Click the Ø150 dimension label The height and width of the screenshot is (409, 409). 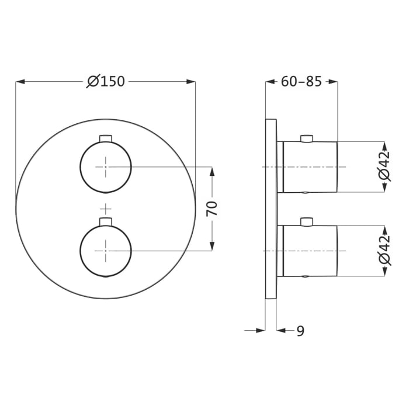tap(106, 81)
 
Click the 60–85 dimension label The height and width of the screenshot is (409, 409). tap(301, 81)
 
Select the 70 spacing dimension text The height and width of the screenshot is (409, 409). tap(213, 209)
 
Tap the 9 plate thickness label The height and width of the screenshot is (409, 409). tap(300, 331)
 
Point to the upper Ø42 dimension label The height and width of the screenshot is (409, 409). tap(384, 167)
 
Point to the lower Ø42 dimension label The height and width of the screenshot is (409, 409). tap(384, 251)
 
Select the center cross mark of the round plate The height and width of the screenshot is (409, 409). tap(106, 209)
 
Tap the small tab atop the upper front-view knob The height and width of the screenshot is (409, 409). tap(106, 138)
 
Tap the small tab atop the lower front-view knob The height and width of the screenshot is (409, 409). tap(106, 221)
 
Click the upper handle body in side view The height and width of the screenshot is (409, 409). tap(310, 167)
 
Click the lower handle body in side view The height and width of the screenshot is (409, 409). tap(310, 251)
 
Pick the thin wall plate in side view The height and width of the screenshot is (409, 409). tap(271, 209)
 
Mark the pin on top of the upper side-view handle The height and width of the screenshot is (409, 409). tap(305, 138)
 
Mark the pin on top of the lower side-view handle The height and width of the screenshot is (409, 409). tap(305, 222)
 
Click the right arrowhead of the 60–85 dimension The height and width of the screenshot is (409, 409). tap(334, 82)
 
